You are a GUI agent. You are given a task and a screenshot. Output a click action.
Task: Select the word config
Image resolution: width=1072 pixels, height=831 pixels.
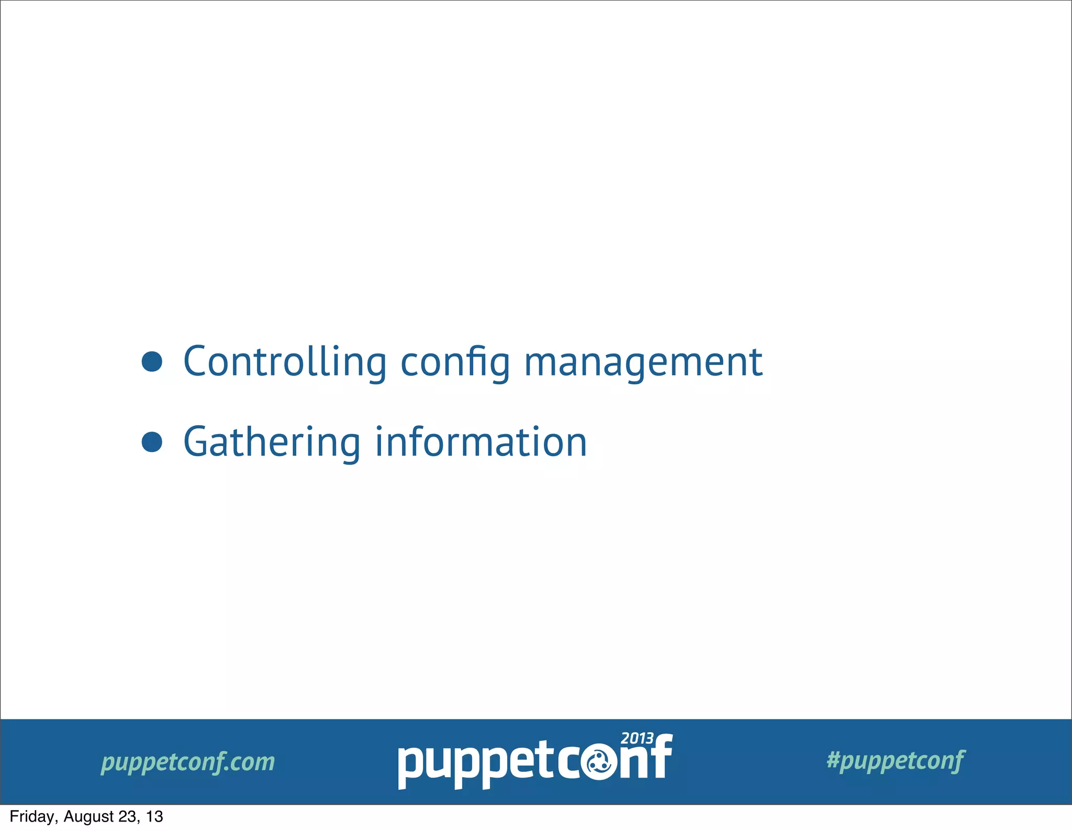click(455, 362)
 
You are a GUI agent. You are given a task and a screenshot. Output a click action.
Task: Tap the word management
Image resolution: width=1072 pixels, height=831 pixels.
click(643, 362)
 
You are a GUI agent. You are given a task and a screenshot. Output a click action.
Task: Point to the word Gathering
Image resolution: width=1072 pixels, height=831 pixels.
click(272, 442)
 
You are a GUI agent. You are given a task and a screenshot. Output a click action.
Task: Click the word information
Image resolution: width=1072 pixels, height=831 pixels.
click(481, 442)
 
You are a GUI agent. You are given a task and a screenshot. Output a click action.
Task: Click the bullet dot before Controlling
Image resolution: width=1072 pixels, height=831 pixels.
click(152, 362)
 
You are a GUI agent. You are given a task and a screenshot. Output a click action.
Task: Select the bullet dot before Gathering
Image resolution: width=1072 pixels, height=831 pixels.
click(152, 442)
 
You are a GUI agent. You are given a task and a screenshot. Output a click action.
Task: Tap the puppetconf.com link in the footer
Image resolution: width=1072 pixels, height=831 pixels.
click(188, 762)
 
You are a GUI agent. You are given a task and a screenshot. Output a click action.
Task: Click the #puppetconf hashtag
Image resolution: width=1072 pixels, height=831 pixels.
click(896, 760)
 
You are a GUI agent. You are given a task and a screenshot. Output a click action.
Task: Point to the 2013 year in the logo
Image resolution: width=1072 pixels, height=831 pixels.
click(637, 738)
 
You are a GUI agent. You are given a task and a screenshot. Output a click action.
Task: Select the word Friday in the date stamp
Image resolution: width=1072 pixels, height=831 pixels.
click(31, 816)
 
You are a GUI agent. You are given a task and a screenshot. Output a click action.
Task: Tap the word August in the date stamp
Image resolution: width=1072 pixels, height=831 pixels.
click(88, 816)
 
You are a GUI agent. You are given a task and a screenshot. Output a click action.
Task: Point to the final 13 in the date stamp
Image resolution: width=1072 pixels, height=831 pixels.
click(154, 816)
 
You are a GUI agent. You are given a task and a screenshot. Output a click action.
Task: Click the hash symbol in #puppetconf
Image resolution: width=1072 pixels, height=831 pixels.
click(833, 759)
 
